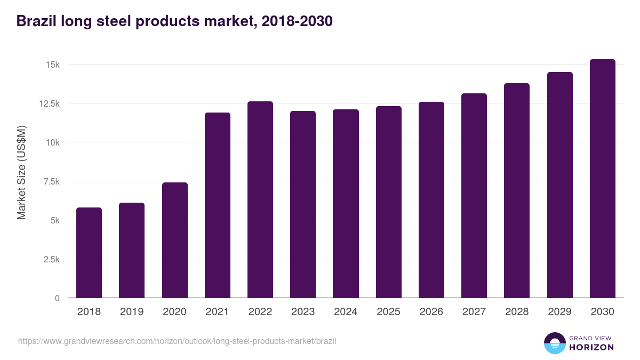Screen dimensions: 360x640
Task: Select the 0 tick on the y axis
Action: [57, 298]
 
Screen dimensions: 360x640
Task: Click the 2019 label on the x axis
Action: [132, 312]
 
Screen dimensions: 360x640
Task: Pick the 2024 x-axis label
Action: [346, 312]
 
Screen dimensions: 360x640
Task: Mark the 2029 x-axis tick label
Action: [559, 312]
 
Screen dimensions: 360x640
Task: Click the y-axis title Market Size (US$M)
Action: [21, 173]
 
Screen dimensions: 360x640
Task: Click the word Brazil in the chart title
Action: [36, 21]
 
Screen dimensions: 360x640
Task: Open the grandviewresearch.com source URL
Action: [177, 341]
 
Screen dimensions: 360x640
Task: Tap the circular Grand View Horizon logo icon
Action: [555, 343]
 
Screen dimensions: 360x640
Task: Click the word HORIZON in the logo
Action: [591, 347]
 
